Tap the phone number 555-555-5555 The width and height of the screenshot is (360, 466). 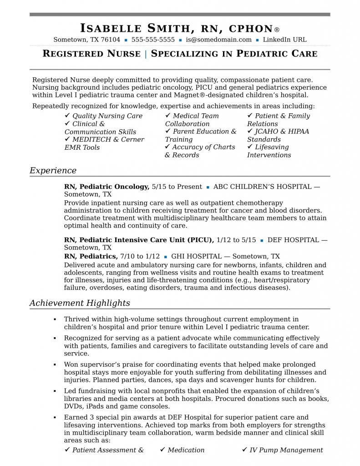[x=153, y=40]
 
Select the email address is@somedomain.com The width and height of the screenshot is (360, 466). [x=218, y=40]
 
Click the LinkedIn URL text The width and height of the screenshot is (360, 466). [x=284, y=40]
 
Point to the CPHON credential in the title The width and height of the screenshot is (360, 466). [x=250, y=28]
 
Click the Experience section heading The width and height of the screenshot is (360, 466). [x=53, y=171]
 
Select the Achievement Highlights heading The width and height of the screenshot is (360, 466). [x=80, y=303]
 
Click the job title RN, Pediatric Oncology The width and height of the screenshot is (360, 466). [x=106, y=187]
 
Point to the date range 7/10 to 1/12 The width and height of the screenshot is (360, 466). [x=140, y=256]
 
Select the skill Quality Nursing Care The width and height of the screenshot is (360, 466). [x=107, y=116]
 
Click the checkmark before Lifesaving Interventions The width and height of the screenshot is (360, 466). [x=250, y=147]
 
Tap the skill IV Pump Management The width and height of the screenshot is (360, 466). [x=286, y=450]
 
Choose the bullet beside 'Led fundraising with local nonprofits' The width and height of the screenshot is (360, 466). [x=54, y=391]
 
